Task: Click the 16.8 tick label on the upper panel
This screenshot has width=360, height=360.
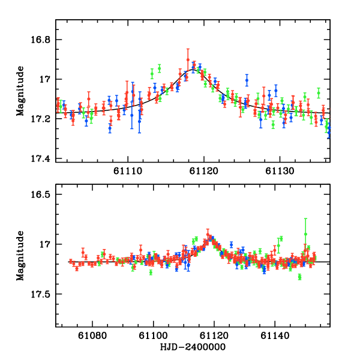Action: click(x=43, y=40)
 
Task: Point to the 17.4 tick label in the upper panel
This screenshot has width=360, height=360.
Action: click(x=43, y=158)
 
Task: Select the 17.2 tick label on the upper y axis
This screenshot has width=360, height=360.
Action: click(x=43, y=119)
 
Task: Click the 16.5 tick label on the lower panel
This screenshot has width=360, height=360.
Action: click(x=43, y=195)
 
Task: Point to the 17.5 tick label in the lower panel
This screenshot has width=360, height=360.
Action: click(x=43, y=294)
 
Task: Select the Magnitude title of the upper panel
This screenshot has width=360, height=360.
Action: click(x=20, y=90)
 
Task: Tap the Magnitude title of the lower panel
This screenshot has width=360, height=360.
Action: click(x=20, y=254)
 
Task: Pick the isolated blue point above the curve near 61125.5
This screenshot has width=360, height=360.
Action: click(x=247, y=80)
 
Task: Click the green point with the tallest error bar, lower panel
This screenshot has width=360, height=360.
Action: click(x=305, y=234)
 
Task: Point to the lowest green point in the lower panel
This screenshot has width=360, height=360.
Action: click(x=299, y=277)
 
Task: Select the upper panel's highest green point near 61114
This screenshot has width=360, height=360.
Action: click(x=160, y=67)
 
